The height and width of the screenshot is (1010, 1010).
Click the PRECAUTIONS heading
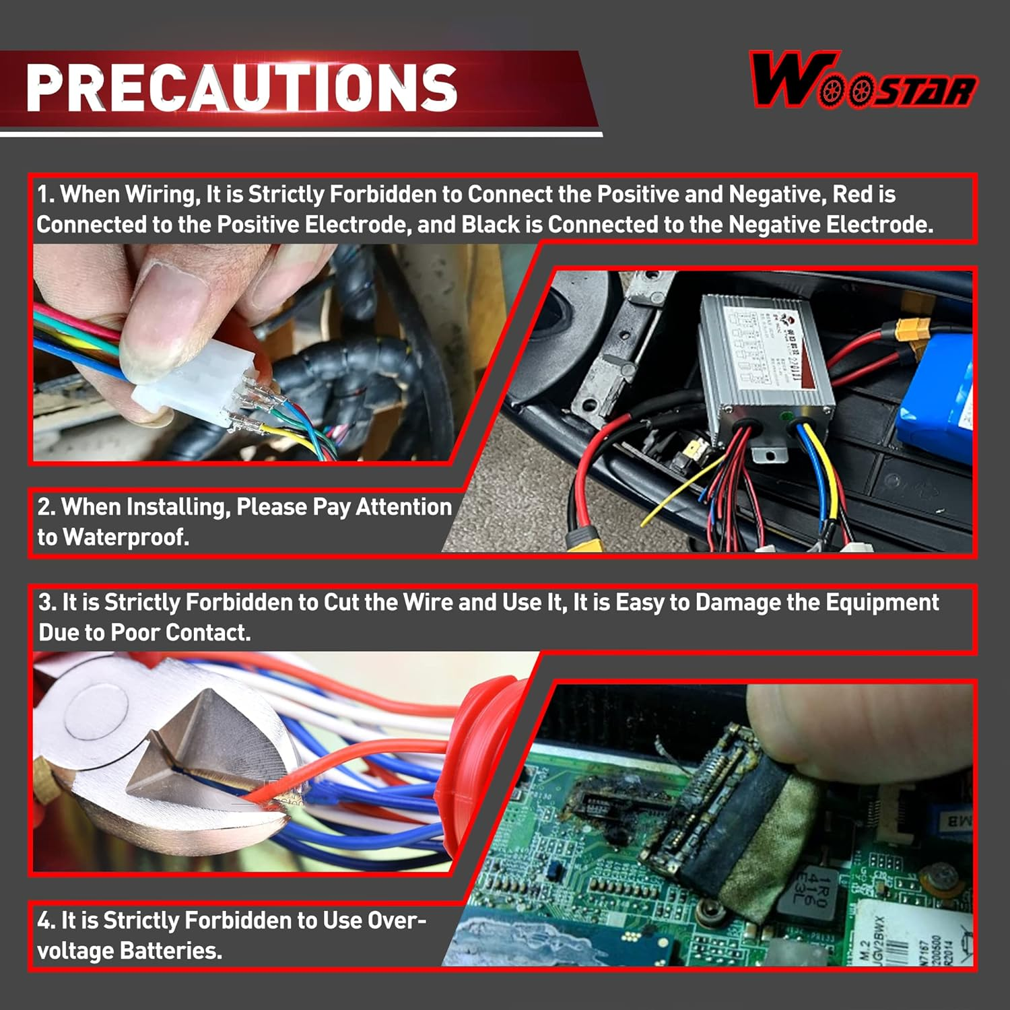(241, 88)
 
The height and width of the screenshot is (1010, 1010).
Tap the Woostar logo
(863, 81)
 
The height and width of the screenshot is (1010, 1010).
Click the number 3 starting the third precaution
(45, 602)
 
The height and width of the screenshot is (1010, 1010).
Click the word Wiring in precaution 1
(160, 195)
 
